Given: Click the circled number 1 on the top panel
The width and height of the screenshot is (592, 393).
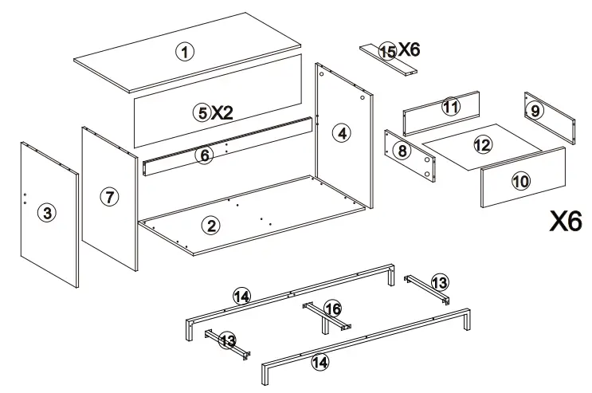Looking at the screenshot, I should coord(184,53).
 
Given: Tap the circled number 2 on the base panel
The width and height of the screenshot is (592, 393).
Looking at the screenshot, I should coord(211,225).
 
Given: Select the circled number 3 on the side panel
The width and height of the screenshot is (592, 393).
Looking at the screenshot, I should coord(48,213).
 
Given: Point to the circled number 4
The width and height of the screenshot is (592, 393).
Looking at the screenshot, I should coord(341,133).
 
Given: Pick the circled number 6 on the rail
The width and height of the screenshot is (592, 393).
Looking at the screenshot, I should coord(205,155).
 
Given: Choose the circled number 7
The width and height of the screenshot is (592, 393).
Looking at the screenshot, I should coord(109,198).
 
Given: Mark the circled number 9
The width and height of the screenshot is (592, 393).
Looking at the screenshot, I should coord(535,111).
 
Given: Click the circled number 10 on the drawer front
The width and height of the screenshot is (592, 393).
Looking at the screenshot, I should coord(520,182).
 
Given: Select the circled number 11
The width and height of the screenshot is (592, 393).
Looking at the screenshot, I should coord(451,107).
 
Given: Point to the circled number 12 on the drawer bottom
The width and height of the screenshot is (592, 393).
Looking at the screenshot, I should coord(482,145).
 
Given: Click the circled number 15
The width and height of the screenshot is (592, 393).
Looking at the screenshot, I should coord(387,51).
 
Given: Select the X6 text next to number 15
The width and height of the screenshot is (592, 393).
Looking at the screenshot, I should coord(409,49).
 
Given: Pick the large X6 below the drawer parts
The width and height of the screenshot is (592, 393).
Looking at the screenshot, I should coord(567,222).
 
